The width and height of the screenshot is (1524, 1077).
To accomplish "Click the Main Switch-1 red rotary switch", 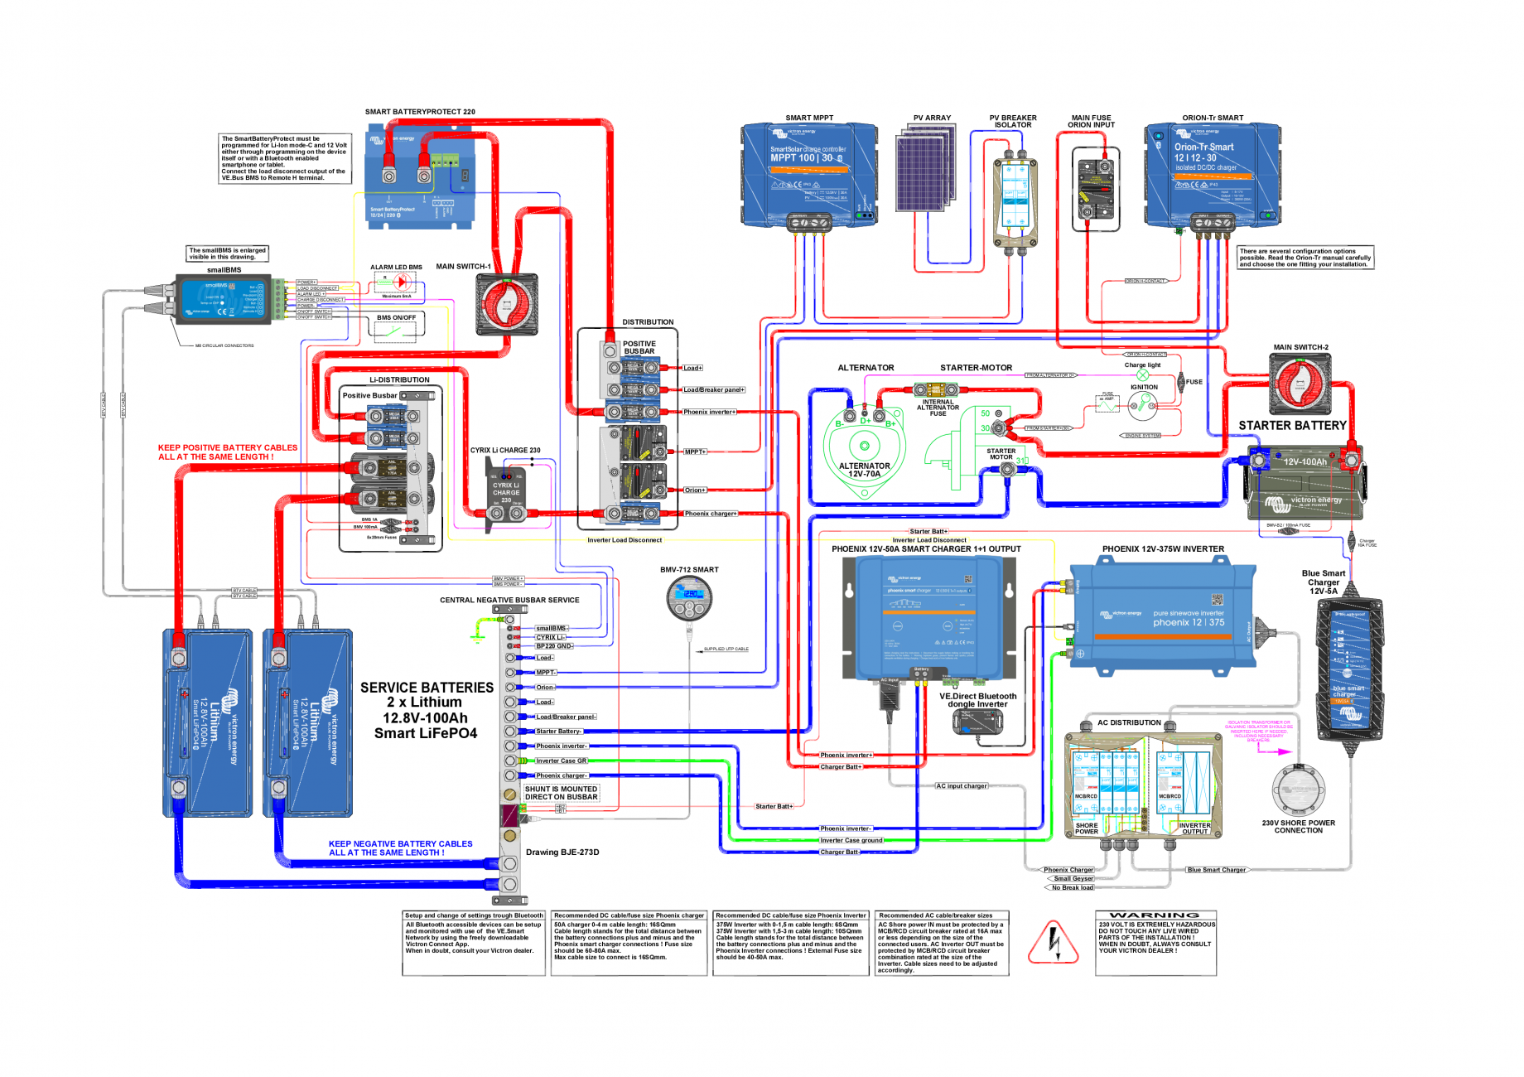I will [506, 304].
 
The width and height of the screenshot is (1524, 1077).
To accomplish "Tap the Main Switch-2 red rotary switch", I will [1300, 384].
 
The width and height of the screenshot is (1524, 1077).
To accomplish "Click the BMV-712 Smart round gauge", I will [688, 597].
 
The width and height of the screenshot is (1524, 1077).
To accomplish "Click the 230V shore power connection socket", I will [1298, 790].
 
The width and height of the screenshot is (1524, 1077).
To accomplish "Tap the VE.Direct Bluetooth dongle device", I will [977, 722].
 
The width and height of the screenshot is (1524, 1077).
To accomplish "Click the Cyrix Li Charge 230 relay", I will [506, 494].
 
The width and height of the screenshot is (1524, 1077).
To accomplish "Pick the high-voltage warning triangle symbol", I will [1053, 944].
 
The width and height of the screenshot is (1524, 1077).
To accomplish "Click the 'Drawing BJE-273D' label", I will [562, 852].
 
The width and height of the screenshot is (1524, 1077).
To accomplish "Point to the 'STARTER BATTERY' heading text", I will [1292, 426].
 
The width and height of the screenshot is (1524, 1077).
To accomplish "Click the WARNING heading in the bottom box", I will [1155, 915].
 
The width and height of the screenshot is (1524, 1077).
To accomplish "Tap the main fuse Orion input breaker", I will [1095, 189].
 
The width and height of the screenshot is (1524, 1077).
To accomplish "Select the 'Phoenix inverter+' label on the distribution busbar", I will [709, 412].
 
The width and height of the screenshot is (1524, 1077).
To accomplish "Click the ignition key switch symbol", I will [1143, 404].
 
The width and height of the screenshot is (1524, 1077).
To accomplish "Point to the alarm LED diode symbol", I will [402, 283].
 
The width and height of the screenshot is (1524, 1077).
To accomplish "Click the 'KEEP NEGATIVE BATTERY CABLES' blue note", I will [400, 848].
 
